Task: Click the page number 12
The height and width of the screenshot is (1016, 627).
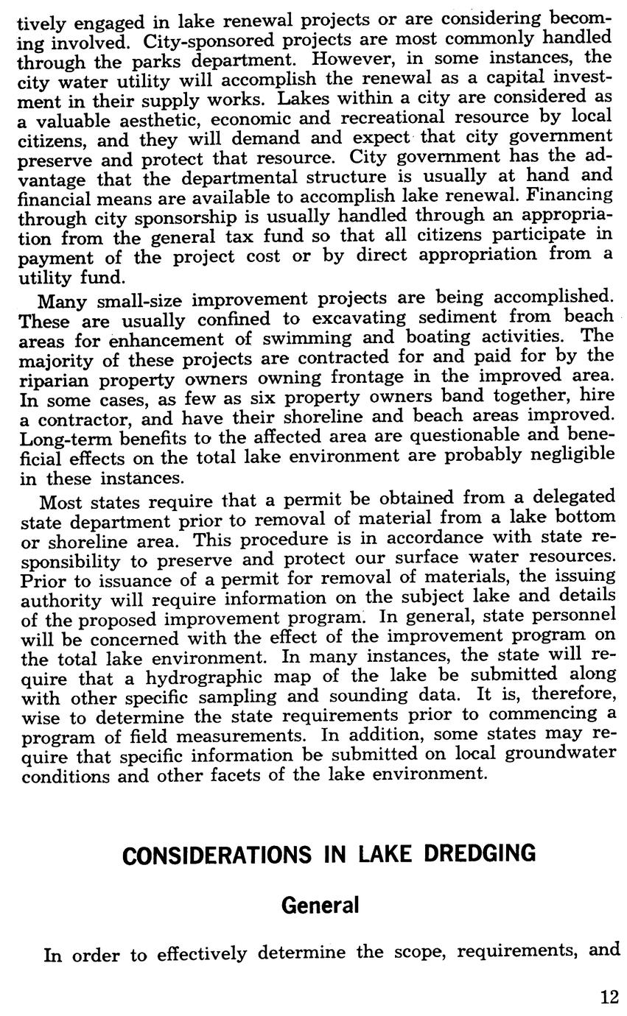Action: point(609,997)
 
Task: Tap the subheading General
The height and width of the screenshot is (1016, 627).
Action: point(320,905)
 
